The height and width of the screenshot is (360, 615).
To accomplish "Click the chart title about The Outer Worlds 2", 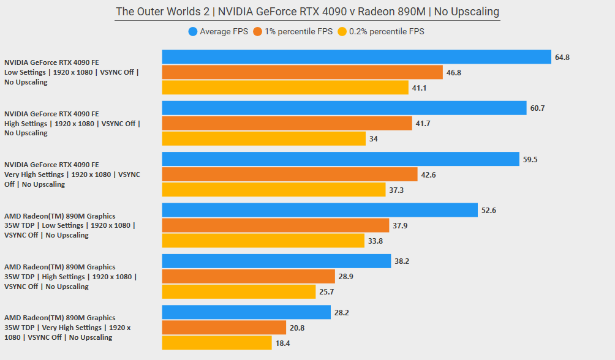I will pyautogui.click(x=307, y=12).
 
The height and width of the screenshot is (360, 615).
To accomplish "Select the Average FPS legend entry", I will pyautogui.click(x=219, y=31).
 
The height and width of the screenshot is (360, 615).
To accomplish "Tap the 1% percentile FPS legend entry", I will pyautogui.click(x=296, y=31).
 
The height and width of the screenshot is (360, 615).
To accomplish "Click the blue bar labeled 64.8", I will pyautogui.click(x=357, y=57).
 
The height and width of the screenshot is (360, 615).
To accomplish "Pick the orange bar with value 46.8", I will pyautogui.click(x=302, y=72).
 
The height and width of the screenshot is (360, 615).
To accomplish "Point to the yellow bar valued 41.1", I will pyautogui.click(x=285, y=88).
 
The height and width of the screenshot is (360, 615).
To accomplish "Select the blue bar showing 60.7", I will pyautogui.click(x=344, y=108).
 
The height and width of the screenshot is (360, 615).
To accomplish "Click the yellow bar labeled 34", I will pyautogui.click(x=263, y=138).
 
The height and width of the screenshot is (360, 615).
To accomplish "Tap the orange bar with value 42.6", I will pyautogui.click(x=290, y=174).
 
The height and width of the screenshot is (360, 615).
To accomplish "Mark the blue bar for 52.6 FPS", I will pyautogui.click(x=320, y=210).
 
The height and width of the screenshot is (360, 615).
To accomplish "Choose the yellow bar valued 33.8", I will pyautogui.click(x=263, y=241).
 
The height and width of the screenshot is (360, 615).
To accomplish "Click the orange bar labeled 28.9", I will pyautogui.click(x=248, y=276).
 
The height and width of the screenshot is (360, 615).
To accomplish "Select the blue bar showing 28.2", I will pyautogui.click(x=246, y=312).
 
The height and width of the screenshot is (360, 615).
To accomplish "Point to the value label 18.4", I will pyautogui.click(x=282, y=343).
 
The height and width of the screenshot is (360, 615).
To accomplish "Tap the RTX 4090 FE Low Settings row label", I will pyautogui.click(x=72, y=72).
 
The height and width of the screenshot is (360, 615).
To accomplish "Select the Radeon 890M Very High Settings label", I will pyautogui.click(x=67, y=328).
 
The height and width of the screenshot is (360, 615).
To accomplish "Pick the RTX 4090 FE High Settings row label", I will pyautogui.click(x=72, y=123).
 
